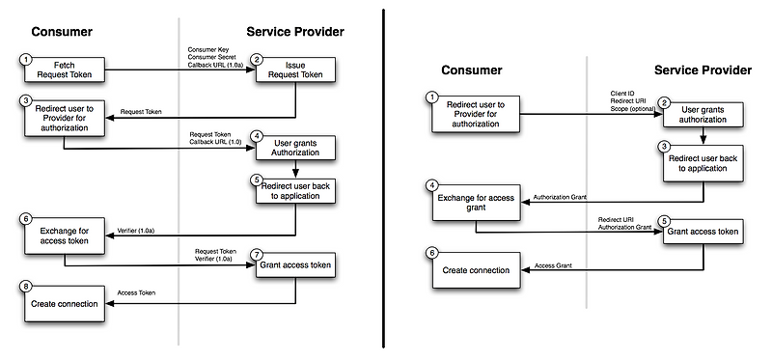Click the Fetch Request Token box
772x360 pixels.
(64, 70)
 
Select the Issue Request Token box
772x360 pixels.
(295, 70)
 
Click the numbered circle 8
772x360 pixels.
(26, 287)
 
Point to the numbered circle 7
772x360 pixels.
(257, 254)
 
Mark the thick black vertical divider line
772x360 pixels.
(384, 180)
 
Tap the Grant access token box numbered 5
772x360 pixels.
(704, 233)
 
